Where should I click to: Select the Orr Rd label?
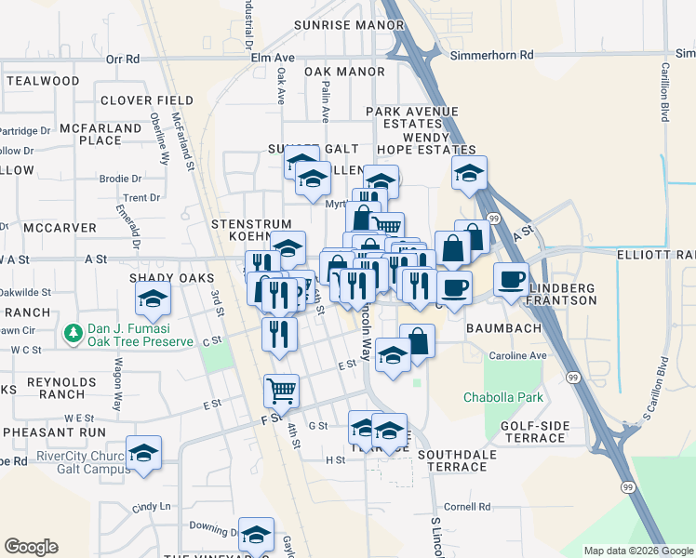pyautogui.click(x=122, y=59)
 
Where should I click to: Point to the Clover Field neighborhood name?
pyautogui.click(x=147, y=100)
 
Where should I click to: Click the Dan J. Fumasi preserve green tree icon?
pyautogui.click(x=73, y=332)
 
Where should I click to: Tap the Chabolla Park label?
pyautogui.click(x=503, y=398)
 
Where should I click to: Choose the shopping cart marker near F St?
pyautogui.click(x=281, y=391)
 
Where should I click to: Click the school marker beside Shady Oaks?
pyautogui.click(x=151, y=299)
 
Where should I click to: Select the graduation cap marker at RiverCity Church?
pyautogui.click(x=143, y=454)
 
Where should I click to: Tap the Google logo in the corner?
pyautogui.click(x=31, y=547)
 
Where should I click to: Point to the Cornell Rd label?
pyautogui.click(x=467, y=507)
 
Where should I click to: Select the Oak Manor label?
pyautogui.click(x=344, y=72)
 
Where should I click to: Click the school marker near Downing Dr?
pyautogui.click(x=256, y=535)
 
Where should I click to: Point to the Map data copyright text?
pyautogui.click(x=637, y=551)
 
